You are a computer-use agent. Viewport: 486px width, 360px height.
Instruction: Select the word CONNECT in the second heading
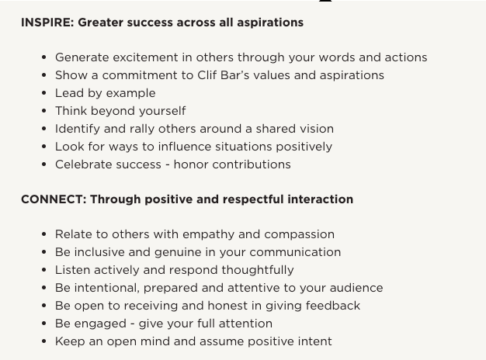(x=54, y=199)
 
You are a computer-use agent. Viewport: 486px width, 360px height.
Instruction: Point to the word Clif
(x=207, y=75)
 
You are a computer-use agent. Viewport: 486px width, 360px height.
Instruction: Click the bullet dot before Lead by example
(x=43, y=93)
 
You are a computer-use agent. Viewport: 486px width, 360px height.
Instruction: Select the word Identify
(x=78, y=129)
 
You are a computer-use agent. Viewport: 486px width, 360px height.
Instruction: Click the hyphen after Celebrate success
(x=168, y=164)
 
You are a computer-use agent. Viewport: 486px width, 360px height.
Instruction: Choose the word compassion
(x=299, y=234)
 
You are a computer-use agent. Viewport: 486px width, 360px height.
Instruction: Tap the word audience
(x=356, y=288)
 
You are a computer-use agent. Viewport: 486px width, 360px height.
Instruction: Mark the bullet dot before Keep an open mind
(x=43, y=341)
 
